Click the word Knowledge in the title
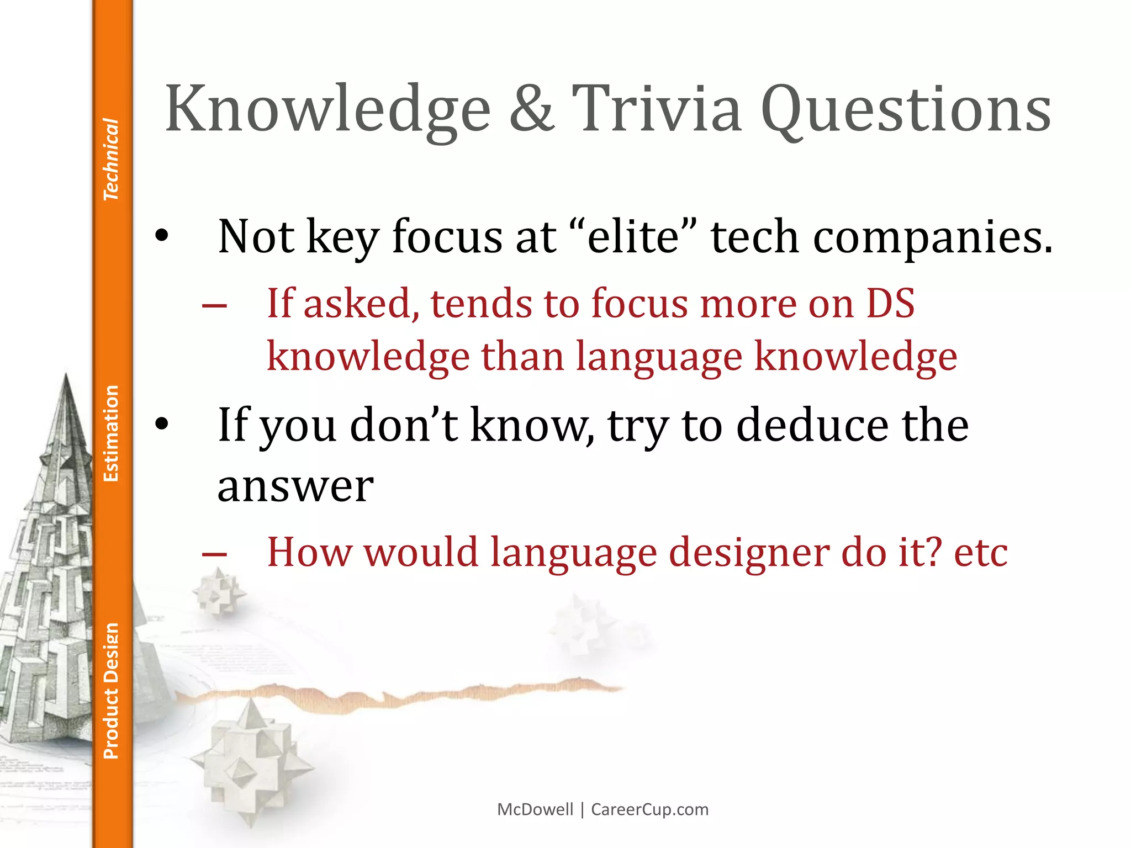click(327, 109)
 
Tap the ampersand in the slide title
click(531, 109)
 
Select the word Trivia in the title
click(657, 109)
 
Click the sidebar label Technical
click(111, 159)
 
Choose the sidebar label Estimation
click(111, 433)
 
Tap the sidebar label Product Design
click(111, 691)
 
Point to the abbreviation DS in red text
click(890, 304)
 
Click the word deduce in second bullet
click(812, 426)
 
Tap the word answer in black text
click(295, 487)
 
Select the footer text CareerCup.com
click(649, 809)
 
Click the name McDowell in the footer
click(535, 809)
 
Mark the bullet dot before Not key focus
click(161, 237)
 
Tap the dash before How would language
click(214, 554)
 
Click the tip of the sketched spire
click(66, 375)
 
